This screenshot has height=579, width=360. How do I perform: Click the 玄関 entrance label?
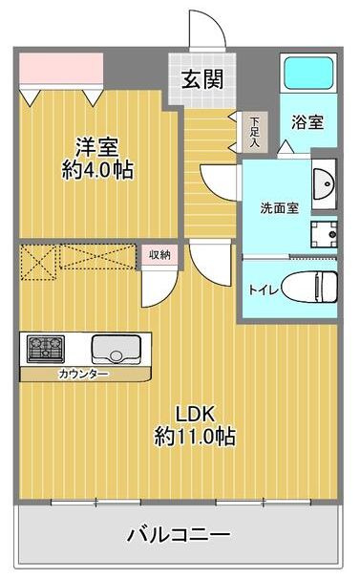202,79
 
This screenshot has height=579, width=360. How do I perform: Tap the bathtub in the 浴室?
308,73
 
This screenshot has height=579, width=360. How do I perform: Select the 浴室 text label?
307,122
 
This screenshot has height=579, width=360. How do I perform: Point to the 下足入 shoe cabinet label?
254,132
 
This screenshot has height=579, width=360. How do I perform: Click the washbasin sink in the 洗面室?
324,183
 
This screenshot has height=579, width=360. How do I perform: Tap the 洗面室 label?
279,208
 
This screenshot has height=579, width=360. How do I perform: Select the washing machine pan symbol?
324,234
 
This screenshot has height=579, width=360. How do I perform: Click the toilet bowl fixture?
310,288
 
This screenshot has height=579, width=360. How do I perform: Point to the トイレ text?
263,290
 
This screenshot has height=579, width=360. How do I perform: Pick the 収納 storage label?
159,254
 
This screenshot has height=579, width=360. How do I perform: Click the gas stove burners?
46,349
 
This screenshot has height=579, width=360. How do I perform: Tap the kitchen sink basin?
116,349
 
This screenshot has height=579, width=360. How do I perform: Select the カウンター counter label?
84,375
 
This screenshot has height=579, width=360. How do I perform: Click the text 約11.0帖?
195,437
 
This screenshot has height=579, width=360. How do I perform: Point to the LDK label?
195,414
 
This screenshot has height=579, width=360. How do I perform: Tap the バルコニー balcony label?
179,534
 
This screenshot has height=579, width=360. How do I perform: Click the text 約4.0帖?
97,170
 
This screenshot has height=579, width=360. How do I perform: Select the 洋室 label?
97,147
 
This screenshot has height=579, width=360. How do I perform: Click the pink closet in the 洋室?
61,69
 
